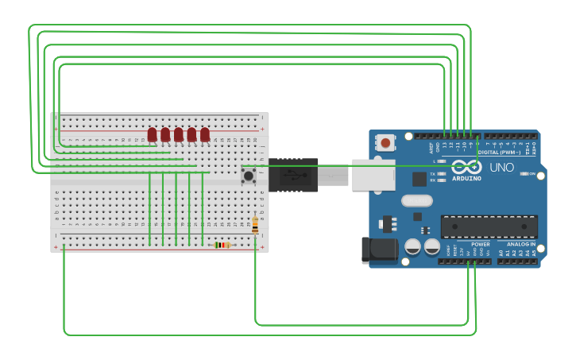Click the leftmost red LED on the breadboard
[152, 134]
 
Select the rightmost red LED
[205, 134]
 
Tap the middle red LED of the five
[179, 134]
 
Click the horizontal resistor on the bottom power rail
[222, 245]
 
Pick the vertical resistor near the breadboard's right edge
[255, 226]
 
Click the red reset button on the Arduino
[385, 143]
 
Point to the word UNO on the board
[501, 168]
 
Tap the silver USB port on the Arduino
[373, 175]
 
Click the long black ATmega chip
[489, 226]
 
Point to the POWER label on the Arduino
[480, 244]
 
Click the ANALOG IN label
[521, 244]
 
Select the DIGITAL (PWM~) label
[499, 152]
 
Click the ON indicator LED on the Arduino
[524, 173]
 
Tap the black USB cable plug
[293, 175]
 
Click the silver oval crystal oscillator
[417, 200]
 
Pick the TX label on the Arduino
[433, 173]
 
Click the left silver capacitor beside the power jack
[413, 247]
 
